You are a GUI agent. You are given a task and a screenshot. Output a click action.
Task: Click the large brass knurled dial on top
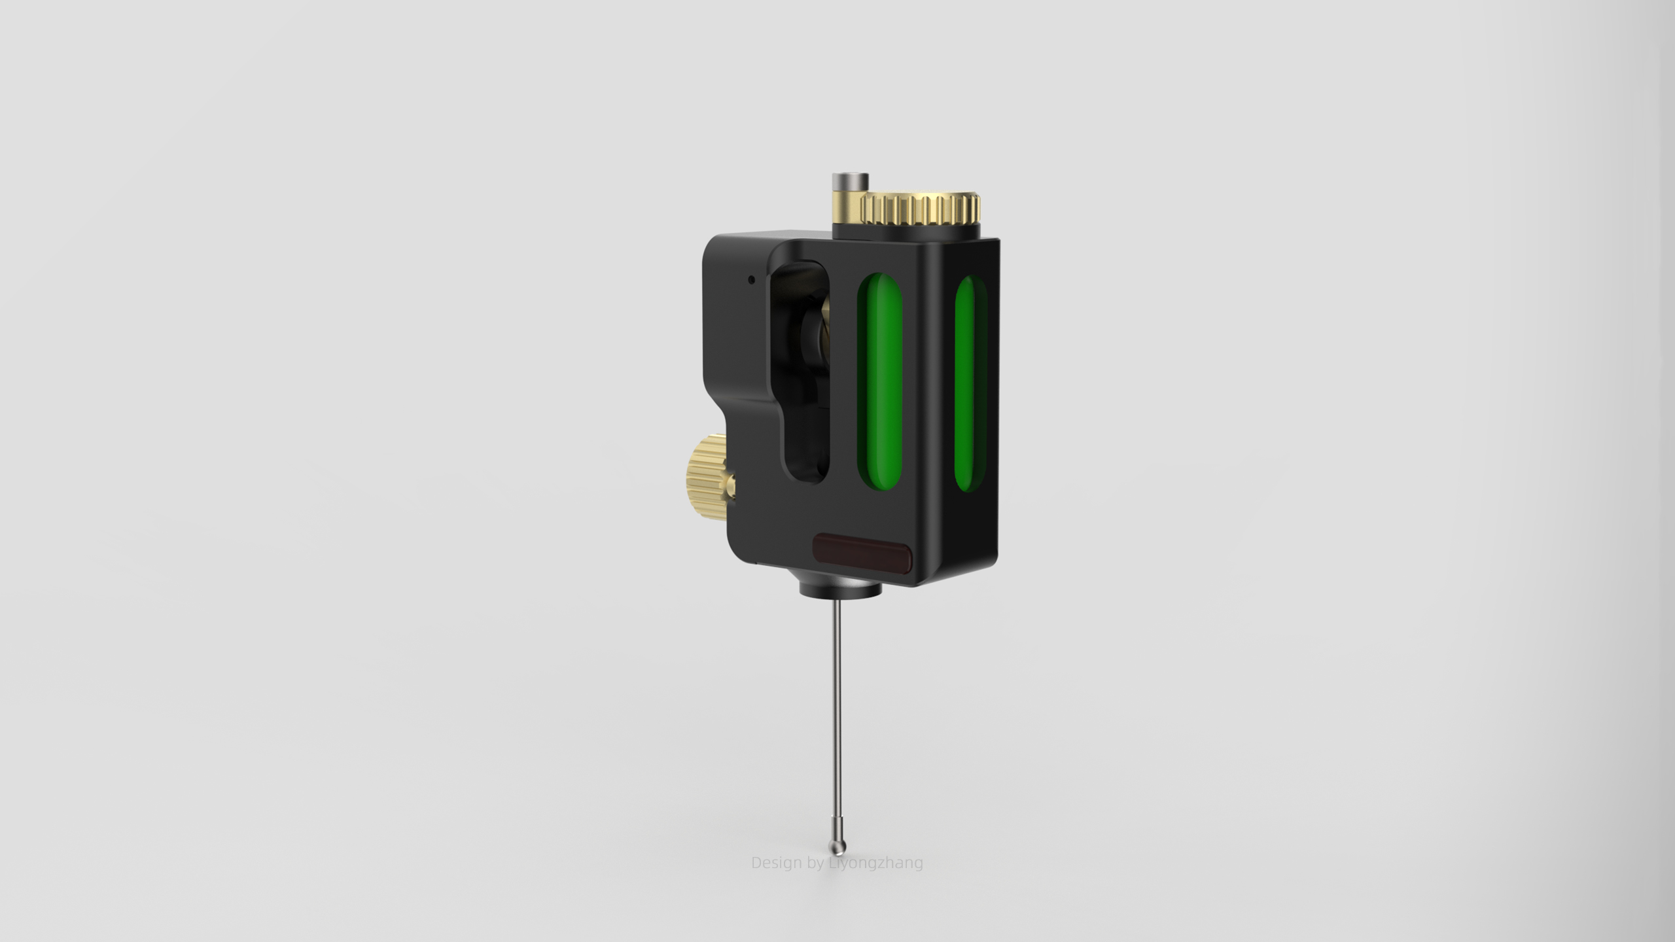point(921,209)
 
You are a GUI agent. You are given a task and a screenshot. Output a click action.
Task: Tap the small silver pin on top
point(849,180)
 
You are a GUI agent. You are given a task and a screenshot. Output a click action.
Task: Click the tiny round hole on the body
point(751,279)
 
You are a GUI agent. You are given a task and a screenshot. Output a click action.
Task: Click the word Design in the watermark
point(776,863)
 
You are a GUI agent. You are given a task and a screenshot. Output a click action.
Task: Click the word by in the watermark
point(815,863)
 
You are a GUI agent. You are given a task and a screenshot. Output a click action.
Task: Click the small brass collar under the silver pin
point(845,200)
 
